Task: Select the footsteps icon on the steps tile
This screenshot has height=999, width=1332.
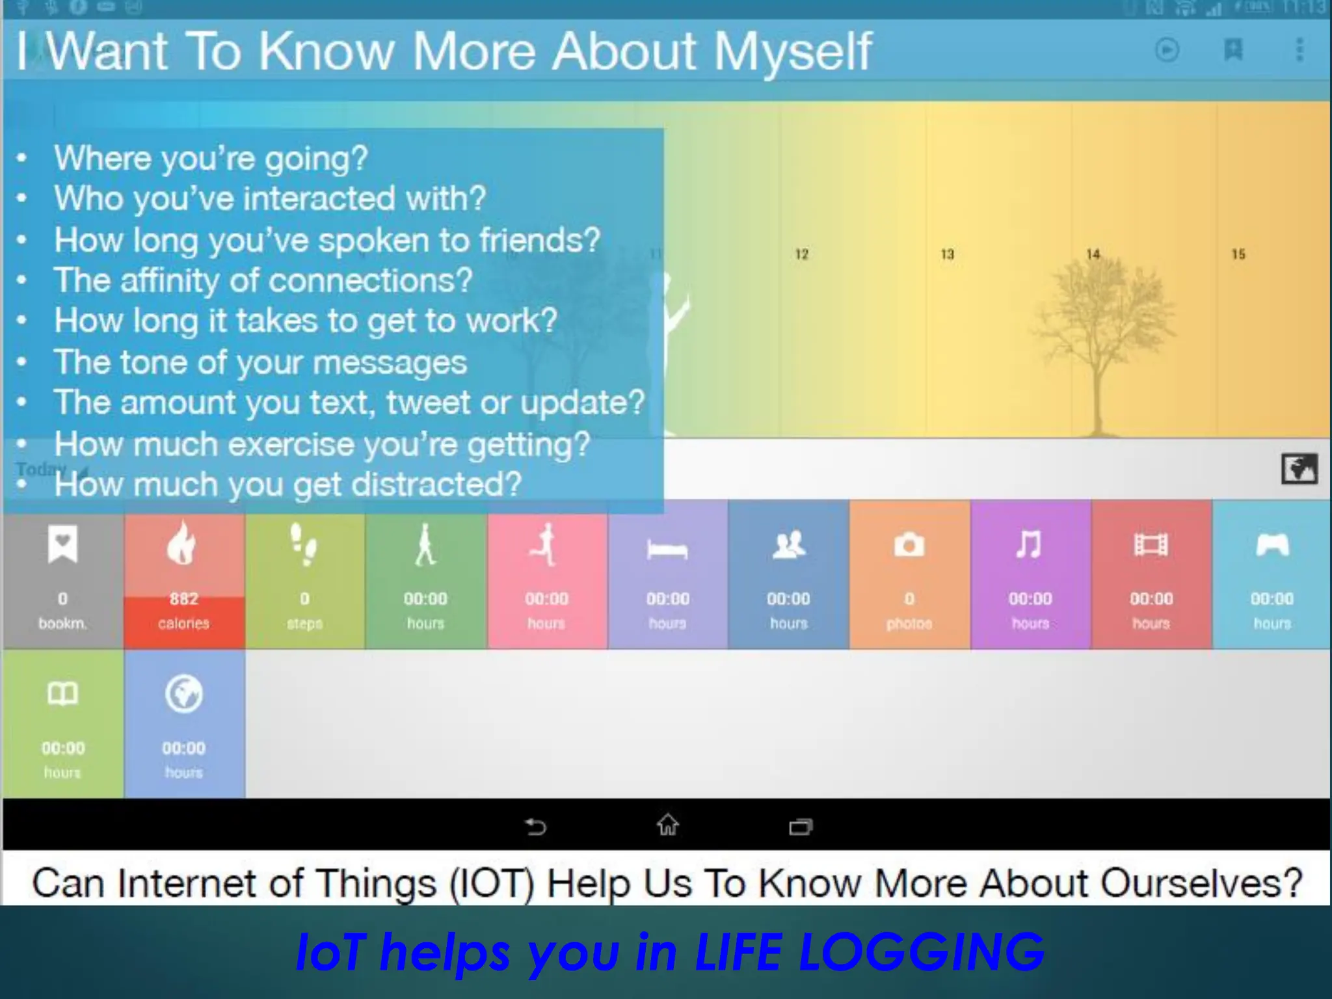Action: point(304,544)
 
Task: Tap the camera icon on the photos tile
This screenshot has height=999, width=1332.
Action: point(909,545)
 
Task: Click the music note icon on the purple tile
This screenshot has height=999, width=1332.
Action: point(1030,544)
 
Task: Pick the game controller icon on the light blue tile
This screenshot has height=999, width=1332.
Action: point(1272,545)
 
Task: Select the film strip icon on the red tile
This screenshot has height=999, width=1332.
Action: point(1151,545)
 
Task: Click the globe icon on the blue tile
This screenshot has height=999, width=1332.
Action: point(183,694)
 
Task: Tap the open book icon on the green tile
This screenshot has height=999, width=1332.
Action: point(62,694)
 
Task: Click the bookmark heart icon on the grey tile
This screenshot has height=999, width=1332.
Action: point(62,544)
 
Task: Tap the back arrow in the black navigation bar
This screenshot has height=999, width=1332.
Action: point(535,827)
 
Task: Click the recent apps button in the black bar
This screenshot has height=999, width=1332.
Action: point(800,827)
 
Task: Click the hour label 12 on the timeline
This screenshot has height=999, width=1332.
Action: point(801,254)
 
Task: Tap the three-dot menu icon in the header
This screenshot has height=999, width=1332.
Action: point(1299,50)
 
